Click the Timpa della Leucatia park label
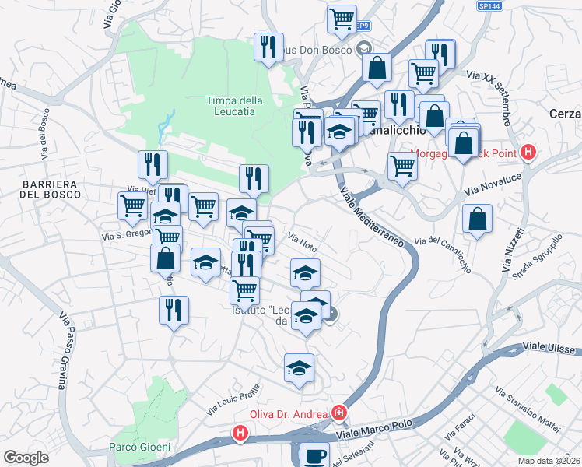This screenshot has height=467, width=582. click(234, 106)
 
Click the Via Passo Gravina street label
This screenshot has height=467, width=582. click(61, 350)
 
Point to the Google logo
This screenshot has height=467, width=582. click(26, 458)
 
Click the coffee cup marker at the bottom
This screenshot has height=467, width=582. click(314, 455)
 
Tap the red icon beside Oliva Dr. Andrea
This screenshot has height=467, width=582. click(339, 413)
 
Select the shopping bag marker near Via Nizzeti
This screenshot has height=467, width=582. click(477, 219)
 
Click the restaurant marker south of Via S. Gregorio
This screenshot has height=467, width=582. click(173, 310)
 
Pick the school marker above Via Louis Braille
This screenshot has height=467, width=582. click(299, 368)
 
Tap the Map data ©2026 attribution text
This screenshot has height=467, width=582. click(549, 461)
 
